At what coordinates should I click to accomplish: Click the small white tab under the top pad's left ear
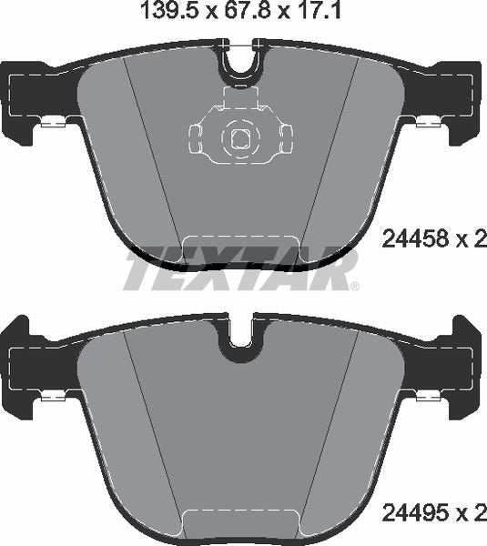coord(51,123)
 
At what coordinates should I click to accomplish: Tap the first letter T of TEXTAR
coord(144,269)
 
